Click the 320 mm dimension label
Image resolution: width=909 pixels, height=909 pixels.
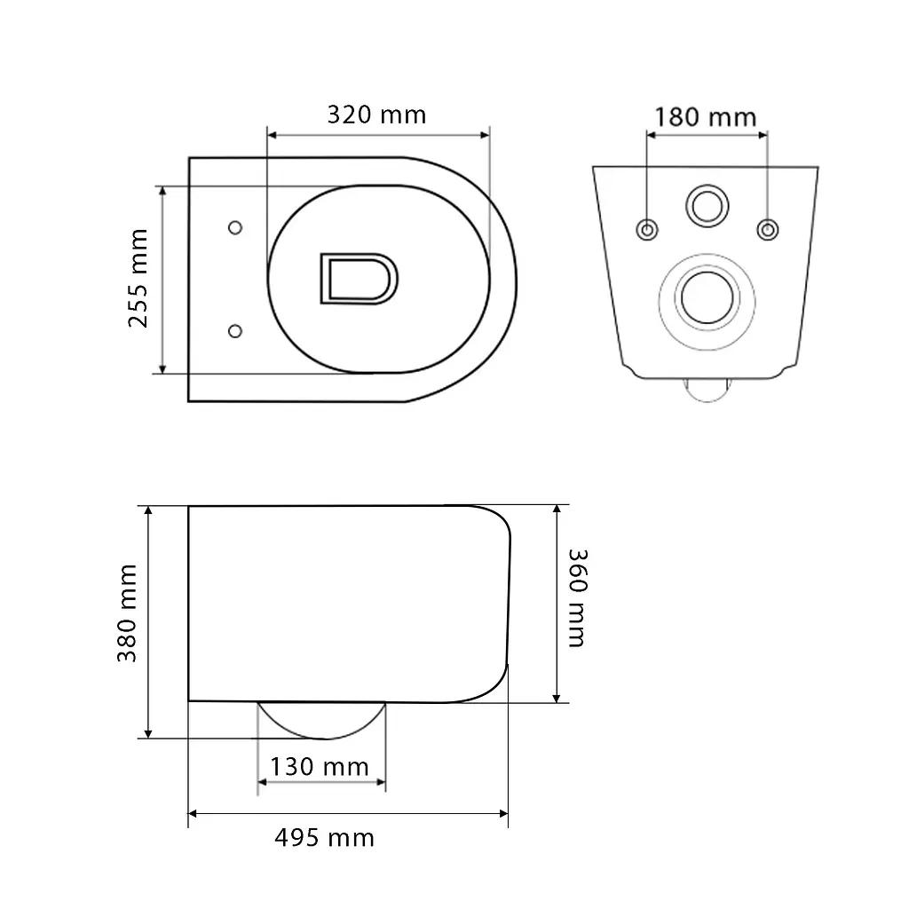[376, 115]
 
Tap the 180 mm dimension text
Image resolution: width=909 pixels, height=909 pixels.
[706, 117]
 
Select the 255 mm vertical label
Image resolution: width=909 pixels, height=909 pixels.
[138, 278]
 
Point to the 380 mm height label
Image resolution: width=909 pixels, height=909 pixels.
[127, 613]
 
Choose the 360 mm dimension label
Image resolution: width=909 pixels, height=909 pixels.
[578, 597]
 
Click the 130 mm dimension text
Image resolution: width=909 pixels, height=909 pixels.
[320, 767]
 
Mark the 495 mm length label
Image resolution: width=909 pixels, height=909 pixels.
[325, 838]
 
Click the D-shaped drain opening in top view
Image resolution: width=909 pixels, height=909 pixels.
[359, 279]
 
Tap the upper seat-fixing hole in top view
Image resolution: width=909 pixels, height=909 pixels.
[234, 228]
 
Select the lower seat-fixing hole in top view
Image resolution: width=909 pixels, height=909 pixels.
[234, 331]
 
